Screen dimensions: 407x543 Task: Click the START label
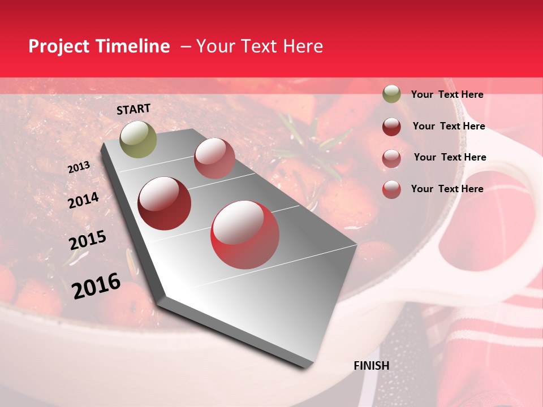[x=133, y=109]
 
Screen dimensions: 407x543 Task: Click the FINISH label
[x=371, y=366]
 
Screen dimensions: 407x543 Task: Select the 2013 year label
[x=79, y=167]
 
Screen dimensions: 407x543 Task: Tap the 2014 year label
[x=83, y=200]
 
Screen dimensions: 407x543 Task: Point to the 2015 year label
[x=87, y=240]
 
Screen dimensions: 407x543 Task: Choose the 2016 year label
[x=96, y=286]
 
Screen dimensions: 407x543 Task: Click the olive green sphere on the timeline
[x=138, y=139]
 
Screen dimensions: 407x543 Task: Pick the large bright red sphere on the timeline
[x=245, y=235]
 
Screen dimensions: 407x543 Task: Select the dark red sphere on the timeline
[x=165, y=203]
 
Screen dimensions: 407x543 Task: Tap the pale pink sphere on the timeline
[x=214, y=158]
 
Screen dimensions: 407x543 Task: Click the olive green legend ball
[x=391, y=94]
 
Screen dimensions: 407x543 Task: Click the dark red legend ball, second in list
[x=391, y=127]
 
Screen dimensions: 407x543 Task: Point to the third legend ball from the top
[x=391, y=158]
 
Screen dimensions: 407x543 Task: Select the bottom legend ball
[x=391, y=189]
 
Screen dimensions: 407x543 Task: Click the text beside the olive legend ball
[x=447, y=94]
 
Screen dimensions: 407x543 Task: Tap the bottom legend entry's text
[x=447, y=189]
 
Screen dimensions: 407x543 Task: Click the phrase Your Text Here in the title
[x=260, y=46]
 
